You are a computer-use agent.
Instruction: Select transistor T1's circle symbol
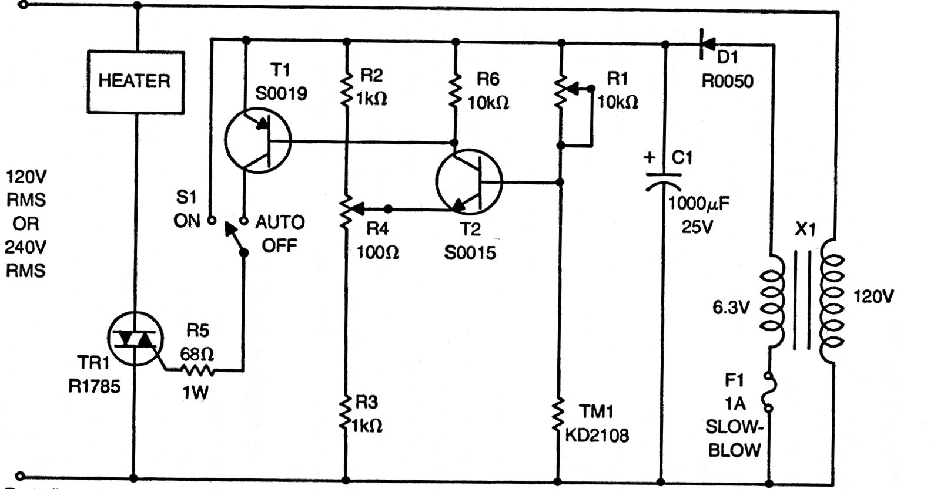pos(257,141)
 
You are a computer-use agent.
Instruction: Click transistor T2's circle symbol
pos(469,183)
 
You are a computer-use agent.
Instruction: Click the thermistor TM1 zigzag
pos(561,417)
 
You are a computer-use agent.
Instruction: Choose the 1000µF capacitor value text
pos(699,204)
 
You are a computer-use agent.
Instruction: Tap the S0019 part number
pos(280,93)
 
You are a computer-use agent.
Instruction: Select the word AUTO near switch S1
pos(280,222)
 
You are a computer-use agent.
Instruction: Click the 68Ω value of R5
pos(196,355)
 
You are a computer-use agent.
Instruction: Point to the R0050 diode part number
pos(727,81)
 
